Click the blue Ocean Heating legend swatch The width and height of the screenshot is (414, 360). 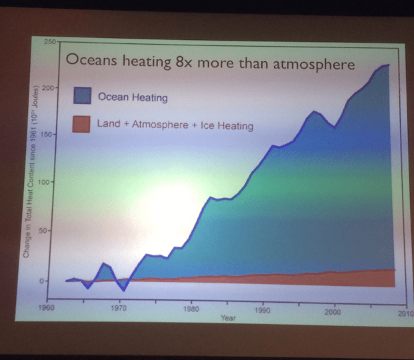(81, 95)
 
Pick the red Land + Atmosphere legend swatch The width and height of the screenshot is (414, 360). (81, 124)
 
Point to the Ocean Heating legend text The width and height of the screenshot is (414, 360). (133, 97)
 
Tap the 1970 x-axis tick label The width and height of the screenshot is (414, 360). (119, 309)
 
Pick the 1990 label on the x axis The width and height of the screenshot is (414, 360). (262, 311)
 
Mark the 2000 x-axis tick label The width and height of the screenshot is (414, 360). (333, 312)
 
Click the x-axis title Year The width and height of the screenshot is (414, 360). (228, 318)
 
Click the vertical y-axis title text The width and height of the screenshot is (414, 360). (29, 173)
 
